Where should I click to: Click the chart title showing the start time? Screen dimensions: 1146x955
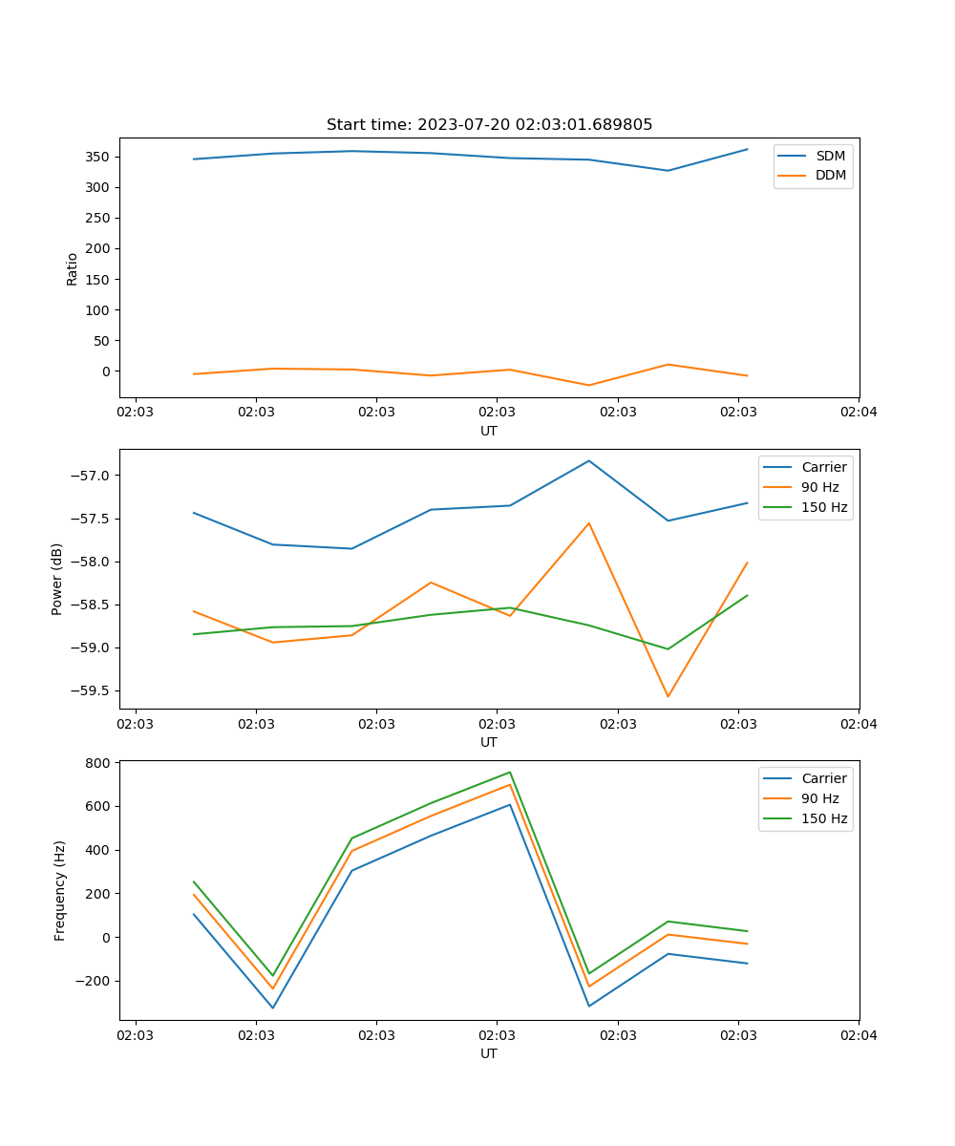click(x=489, y=125)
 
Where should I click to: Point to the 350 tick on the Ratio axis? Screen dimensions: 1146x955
click(x=98, y=157)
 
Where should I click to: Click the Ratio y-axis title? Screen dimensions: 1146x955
click(x=73, y=269)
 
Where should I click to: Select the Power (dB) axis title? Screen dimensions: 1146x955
click(x=58, y=579)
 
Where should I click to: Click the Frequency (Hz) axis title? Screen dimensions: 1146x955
click(x=60, y=890)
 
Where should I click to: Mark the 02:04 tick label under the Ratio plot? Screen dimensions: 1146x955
click(x=858, y=413)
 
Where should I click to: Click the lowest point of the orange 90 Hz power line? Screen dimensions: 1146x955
click(x=668, y=696)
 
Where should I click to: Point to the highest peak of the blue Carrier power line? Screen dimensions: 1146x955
click(x=589, y=461)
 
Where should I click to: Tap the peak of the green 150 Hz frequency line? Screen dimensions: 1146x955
click(x=510, y=772)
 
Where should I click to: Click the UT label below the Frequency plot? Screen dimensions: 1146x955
click(x=489, y=1053)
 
